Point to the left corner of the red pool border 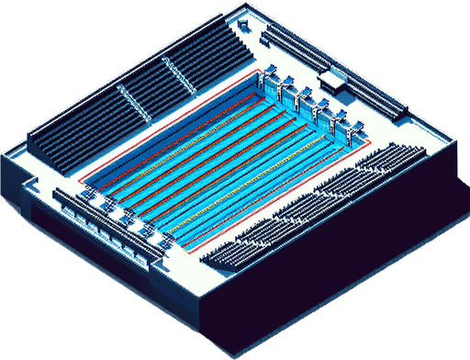[x=79, y=180]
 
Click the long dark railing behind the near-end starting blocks [x=101, y=220]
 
